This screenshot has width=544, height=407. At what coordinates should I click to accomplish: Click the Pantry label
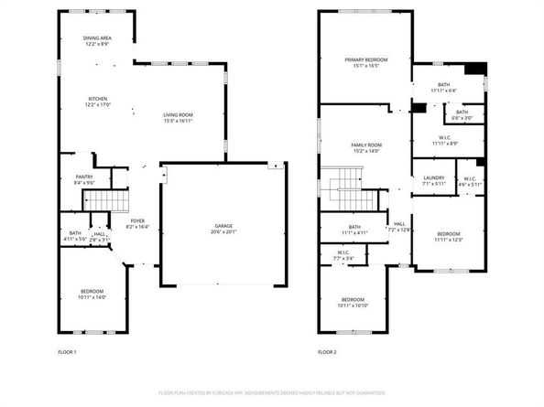click(84, 177)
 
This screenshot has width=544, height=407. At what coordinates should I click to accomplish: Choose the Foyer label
click(136, 220)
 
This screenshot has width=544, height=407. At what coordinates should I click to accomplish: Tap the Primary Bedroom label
click(364, 60)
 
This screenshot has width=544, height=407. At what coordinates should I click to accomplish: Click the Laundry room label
click(434, 177)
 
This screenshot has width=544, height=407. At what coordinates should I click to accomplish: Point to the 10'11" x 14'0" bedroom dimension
click(92, 297)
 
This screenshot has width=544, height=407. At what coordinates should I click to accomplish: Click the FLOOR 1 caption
click(67, 351)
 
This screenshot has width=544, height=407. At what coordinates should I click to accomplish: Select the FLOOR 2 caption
click(328, 351)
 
